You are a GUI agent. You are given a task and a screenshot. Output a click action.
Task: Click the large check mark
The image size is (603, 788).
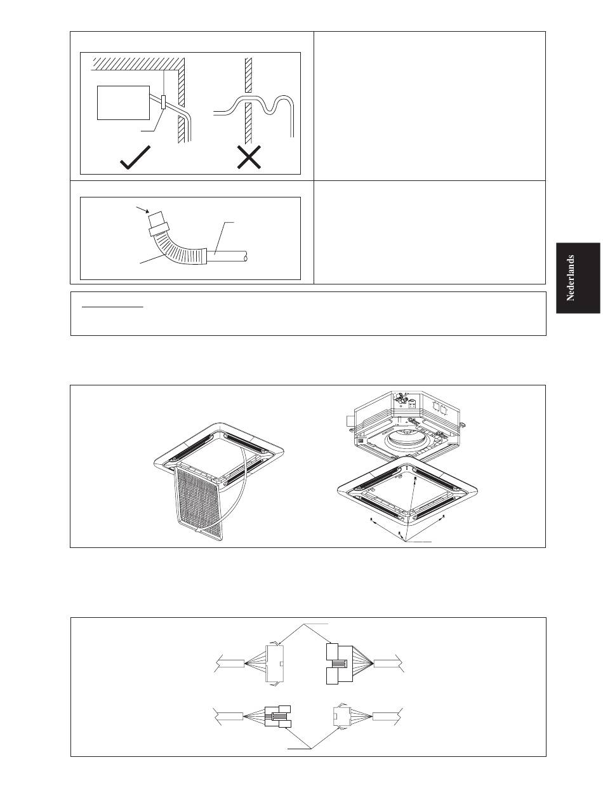coord(135,158)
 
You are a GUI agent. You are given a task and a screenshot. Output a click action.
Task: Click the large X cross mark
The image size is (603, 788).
coord(249,157)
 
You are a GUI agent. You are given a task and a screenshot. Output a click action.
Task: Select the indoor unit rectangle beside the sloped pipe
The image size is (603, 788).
coord(123,103)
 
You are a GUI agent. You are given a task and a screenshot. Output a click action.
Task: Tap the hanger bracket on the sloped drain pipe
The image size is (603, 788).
coord(164,102)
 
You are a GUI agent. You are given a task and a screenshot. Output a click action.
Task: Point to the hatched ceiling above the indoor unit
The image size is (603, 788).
coord(138,63)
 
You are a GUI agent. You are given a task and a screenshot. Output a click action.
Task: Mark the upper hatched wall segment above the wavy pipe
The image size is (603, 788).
coord(248,76)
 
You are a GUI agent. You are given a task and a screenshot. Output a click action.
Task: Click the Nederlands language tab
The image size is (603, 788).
coord(578,277)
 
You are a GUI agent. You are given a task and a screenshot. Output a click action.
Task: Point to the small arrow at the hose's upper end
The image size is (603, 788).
coord(142,210)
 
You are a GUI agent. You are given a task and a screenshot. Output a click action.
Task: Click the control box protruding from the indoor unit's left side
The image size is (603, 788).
coord(350,420)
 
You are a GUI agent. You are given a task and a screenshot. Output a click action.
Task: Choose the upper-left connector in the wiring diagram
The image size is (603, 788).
coord(275,664)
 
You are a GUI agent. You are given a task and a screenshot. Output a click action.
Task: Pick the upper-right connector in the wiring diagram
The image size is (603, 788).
coord(339,664)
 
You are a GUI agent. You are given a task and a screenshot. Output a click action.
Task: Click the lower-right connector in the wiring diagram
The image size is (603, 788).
coord(341,716)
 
